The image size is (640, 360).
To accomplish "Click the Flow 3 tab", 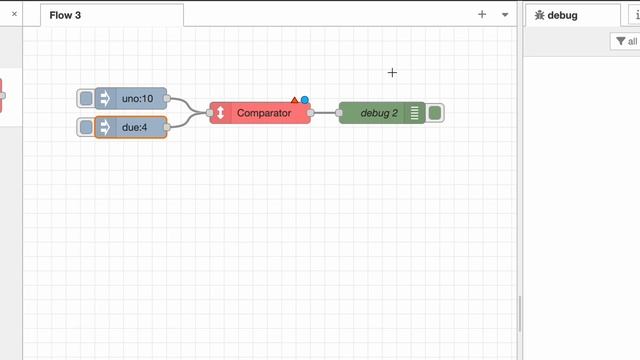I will point(66,15).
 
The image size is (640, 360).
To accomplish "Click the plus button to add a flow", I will point(482,15).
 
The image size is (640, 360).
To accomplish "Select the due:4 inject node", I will point(135,127).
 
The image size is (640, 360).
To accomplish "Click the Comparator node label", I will point(264,113).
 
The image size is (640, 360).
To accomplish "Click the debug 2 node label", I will point(379,113).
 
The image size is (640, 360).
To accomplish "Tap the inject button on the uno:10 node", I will point(86,99).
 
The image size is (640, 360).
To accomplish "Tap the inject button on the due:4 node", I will point(86,127).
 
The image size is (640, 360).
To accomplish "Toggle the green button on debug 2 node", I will point(435,113).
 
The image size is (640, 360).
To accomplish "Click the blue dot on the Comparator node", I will point(305,100).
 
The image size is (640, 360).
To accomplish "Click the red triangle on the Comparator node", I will point(295,100).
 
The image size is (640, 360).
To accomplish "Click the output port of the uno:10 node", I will point(167,99).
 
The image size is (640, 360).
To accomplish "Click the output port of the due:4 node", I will point(167,127).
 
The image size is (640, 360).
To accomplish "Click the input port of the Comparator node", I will point(210,113).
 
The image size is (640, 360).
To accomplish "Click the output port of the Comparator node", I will point(311,113).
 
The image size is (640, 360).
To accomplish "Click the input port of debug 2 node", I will point(340,113).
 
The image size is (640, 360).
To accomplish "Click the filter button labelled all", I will point(627,41).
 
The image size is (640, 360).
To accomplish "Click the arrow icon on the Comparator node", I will point(220,113).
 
